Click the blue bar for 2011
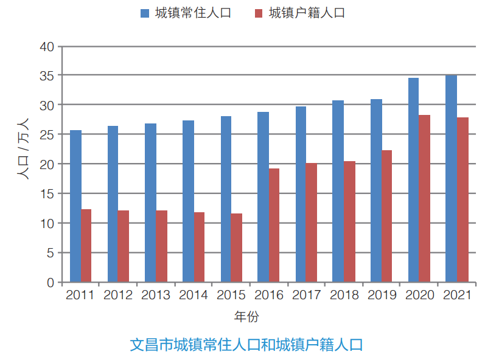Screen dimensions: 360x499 point(75,207)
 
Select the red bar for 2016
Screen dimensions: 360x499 point(274,226)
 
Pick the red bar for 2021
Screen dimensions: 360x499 point(462,200)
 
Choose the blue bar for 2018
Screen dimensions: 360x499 point(338,192)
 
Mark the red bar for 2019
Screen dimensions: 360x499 point(387,216)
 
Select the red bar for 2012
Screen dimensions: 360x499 point(124,246)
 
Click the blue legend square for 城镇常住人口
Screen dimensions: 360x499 point(145,13)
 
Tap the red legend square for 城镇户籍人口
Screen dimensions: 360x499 point(259,13)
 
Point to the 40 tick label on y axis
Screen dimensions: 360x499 point(47,47)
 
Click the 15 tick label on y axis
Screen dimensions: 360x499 point(47,194)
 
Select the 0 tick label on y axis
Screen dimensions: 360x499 point(51,283)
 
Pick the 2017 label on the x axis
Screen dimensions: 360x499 point(307,296)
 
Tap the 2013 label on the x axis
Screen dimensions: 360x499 point(156,296)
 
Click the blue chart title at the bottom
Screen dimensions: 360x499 point(247,345)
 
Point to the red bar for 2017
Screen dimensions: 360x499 point(312,223)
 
